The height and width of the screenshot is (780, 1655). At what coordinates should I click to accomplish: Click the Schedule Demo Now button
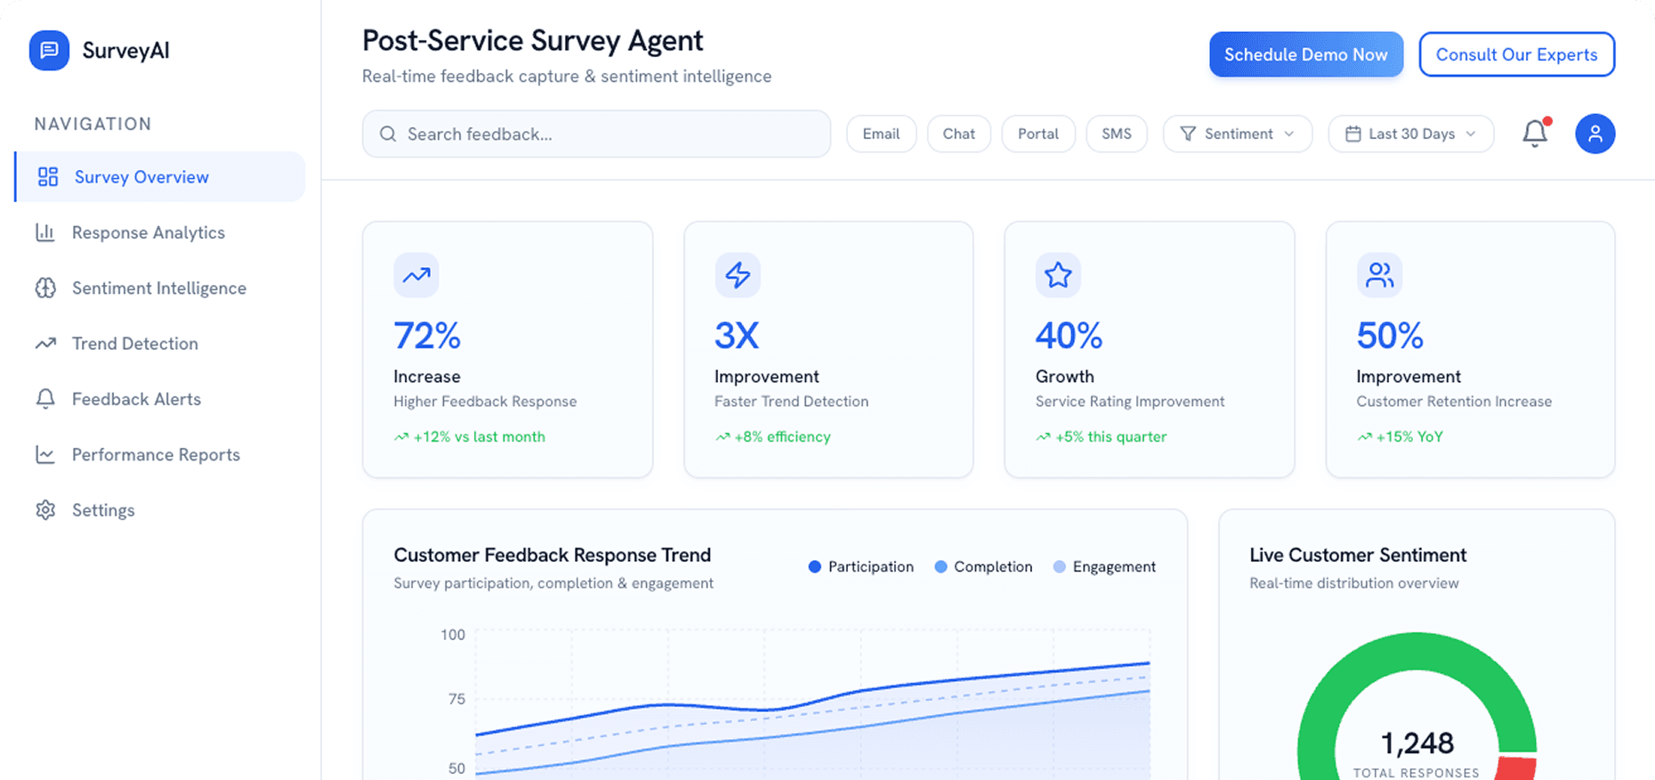(1305, 54)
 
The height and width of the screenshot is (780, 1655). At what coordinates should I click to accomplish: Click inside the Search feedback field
(596, 134)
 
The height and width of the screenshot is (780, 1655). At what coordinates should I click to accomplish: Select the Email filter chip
(881, 134)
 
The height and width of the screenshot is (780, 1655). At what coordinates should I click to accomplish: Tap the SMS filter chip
(1116, 134)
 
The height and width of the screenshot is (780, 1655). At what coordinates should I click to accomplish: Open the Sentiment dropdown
(1237, 134)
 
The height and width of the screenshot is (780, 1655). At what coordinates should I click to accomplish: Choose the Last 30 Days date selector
(1410, 134)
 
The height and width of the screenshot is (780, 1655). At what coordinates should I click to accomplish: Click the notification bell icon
(1535, 134)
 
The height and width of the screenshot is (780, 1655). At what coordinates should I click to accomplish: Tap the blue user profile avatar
(1594, 134)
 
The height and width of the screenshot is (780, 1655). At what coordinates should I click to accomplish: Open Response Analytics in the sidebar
(148, 232)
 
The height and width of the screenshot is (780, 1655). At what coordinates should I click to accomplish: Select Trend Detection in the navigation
(134, 344)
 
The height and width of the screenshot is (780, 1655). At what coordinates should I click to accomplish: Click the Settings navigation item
(103, 510)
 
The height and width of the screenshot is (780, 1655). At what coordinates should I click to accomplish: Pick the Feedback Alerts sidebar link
(136, 399)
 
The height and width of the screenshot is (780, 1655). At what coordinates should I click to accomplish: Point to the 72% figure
(427, 336)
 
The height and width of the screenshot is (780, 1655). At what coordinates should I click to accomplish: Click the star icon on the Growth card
(1058, 275)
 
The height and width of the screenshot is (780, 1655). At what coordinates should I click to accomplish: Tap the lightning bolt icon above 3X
(738, 275)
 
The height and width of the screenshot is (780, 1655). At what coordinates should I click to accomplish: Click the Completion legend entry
(983, 566)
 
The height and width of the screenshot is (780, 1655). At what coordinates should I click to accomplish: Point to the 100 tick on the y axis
(453, 635)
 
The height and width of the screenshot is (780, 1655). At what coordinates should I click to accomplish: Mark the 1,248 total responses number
(1417, 743)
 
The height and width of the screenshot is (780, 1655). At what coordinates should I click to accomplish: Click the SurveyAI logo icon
(49, 50)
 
